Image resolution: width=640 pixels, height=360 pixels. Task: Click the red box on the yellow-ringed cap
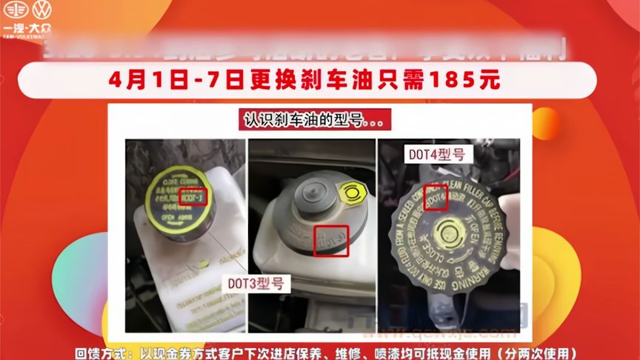(x=195, y=196)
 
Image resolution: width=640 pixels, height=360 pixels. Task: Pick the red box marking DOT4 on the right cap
(x=436, y=196)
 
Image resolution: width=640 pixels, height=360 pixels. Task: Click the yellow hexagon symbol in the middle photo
(x=350, y=196)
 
